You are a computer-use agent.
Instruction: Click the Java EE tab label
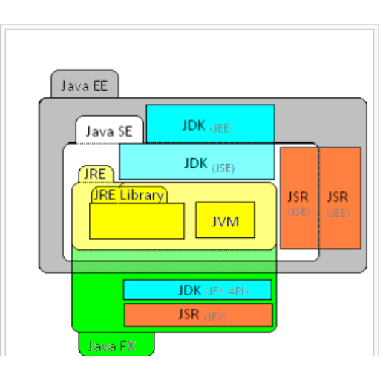[x=84, y=85]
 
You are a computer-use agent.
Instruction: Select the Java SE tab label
[x=108, y=131]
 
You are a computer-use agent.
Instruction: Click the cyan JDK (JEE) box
[x=210, y=124]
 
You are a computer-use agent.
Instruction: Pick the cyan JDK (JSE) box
[x=197, y=162]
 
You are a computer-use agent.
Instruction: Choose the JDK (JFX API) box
[x=197, y=290]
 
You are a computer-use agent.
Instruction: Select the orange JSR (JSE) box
[x=298, y=198]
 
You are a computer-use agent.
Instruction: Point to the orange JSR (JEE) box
[x=339, y=198]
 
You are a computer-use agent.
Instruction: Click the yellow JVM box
[x=225, y=220]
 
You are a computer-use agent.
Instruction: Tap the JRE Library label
[x=128, y=196]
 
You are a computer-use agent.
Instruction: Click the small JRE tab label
[x=94, y=174]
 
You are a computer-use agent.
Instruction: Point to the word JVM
[x=225, y=220]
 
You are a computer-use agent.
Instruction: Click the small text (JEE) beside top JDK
[x=221, y=128]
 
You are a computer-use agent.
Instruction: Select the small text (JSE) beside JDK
[x=223, y=168]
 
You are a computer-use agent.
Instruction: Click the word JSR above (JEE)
[x=338, y=197]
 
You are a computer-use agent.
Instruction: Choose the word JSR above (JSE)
[x=298, y=197]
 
